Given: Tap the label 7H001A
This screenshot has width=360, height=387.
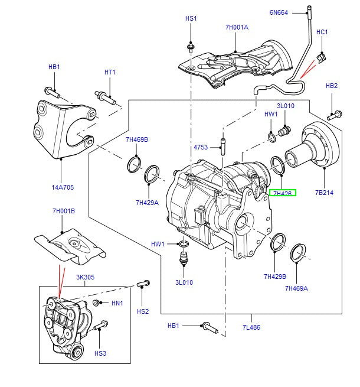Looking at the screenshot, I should click(237, 27).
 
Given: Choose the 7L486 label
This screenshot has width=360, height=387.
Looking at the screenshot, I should click(250, 327).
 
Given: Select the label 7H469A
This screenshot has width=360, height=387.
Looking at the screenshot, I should click(296, 288).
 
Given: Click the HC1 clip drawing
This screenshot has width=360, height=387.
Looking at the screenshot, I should click(321, 57).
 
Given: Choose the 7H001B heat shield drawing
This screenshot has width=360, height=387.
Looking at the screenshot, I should click(70, 247).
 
